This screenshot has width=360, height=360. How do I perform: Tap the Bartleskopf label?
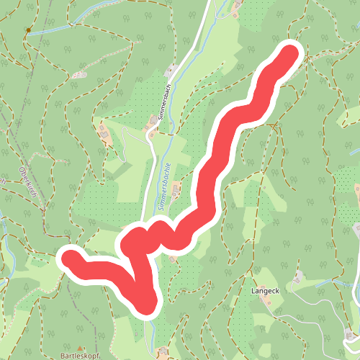point(79,356)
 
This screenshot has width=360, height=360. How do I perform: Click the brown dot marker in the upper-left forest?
point(28,30)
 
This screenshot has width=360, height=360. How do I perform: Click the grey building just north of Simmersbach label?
point(171,71)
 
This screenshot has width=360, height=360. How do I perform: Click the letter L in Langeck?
point(252,291)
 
